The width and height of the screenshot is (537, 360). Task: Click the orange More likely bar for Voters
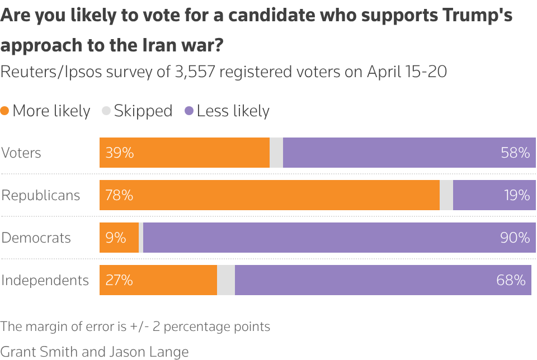(x=185, y=153)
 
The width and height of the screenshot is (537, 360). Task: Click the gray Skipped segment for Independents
(x=226, y=280)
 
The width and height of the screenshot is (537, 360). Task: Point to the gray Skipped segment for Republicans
(x=446, y=195)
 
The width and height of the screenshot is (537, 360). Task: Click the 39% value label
(x=120, y=153)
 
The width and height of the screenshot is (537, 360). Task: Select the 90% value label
(x=515, y=238)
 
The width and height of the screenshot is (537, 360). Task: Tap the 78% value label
(x=120, y=195)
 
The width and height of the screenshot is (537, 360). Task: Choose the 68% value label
(x=511, y=280)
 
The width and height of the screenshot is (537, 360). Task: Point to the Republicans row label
(x=41, y=195)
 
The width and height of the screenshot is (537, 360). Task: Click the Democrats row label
(x=36, y=238)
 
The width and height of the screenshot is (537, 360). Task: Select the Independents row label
(x=45, y=280)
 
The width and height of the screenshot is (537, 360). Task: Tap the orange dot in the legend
(x=5, y=111)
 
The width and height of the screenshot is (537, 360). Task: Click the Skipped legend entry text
(x=143, y=111)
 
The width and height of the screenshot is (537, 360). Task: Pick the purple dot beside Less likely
(x=189, y=111)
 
